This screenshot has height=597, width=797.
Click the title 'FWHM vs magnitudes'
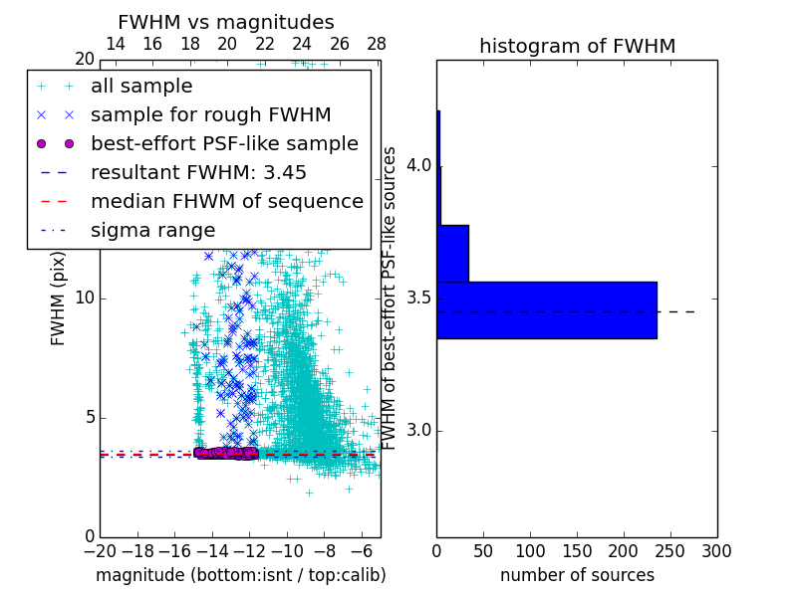click(x=226, y=22)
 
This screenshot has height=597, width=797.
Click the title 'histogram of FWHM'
click(x=577, y=47)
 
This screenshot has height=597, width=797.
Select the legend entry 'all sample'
click(x=141, y=87)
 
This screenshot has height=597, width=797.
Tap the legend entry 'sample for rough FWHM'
click(x=210, y=115)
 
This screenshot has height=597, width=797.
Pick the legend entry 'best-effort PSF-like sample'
click(x=224, y=144)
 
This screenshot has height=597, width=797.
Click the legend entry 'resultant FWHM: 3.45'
click(x=198, y=173)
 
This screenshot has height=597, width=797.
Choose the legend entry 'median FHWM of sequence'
click(x=227, y=202)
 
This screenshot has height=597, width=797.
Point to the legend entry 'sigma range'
click(x=152, y=231)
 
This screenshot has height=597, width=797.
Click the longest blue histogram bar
click(x=546, y=309)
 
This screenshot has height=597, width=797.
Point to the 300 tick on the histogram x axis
click(x=716, y=550)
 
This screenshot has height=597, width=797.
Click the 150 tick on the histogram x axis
click(x=577, y=550)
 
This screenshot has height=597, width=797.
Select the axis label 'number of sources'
click(x=577, y=575)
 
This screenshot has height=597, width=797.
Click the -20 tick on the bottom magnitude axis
click(x=99, y=550)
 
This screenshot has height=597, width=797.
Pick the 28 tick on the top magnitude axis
click(x=377, y=44)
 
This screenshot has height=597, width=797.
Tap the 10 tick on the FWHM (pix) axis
click(x=85, y=298)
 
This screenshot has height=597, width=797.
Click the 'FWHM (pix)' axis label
click(x=59, y=298)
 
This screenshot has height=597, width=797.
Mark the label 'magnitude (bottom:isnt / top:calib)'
click(x=240, y=575)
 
